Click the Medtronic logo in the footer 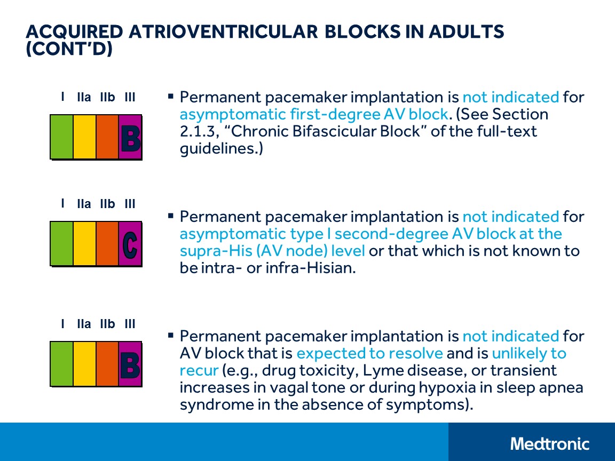(x=550, y=443)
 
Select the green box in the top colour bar (x=61, y=137)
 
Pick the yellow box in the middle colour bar (x=84, y=244)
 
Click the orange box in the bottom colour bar (x=107, y=364)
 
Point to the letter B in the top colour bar (x=130, y=137)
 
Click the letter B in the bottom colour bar (x=130, y=365)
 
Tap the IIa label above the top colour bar (x=84, y=98)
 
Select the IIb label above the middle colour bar (x=107, y=204)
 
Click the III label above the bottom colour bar (x=130, y=324)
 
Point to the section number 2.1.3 (x=196, y=131)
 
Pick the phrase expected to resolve (x=369, y=353)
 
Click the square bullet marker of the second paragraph (x=171, y=216)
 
